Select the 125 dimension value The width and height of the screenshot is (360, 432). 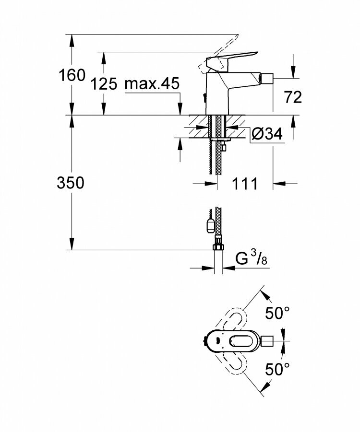pyautogui.click(x=104, y=84)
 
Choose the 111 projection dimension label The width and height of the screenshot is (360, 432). pyautogui.click(x=245, y=183)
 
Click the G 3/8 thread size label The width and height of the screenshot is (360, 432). pyautogui.click(x=251, y=260)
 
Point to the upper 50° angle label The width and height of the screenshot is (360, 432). pyautogui.click(x=277, y=314)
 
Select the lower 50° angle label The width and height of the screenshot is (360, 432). pyautogui.click(x=277, y=369)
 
